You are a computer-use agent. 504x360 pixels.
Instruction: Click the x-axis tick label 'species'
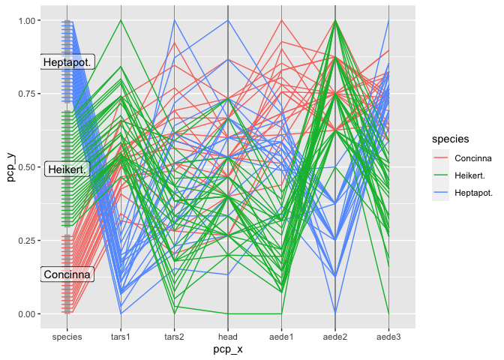click(67, 337)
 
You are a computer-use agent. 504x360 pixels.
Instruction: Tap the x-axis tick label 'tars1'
click(121, 337)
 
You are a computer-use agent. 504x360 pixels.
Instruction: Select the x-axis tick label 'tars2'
click(175, 337)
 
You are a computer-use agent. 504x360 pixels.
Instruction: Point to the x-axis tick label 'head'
click(228, 337)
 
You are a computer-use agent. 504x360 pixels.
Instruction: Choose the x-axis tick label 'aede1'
click(281, 337)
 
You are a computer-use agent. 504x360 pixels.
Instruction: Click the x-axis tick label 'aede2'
click(335, 337)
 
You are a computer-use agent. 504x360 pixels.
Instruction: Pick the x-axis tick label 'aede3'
click(388, 337)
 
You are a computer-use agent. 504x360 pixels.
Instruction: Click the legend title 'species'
click(445, 139)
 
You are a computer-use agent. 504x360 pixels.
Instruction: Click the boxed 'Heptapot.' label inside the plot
click(67, 62)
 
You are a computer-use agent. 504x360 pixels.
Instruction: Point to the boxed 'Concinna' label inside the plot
click(67, 275)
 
